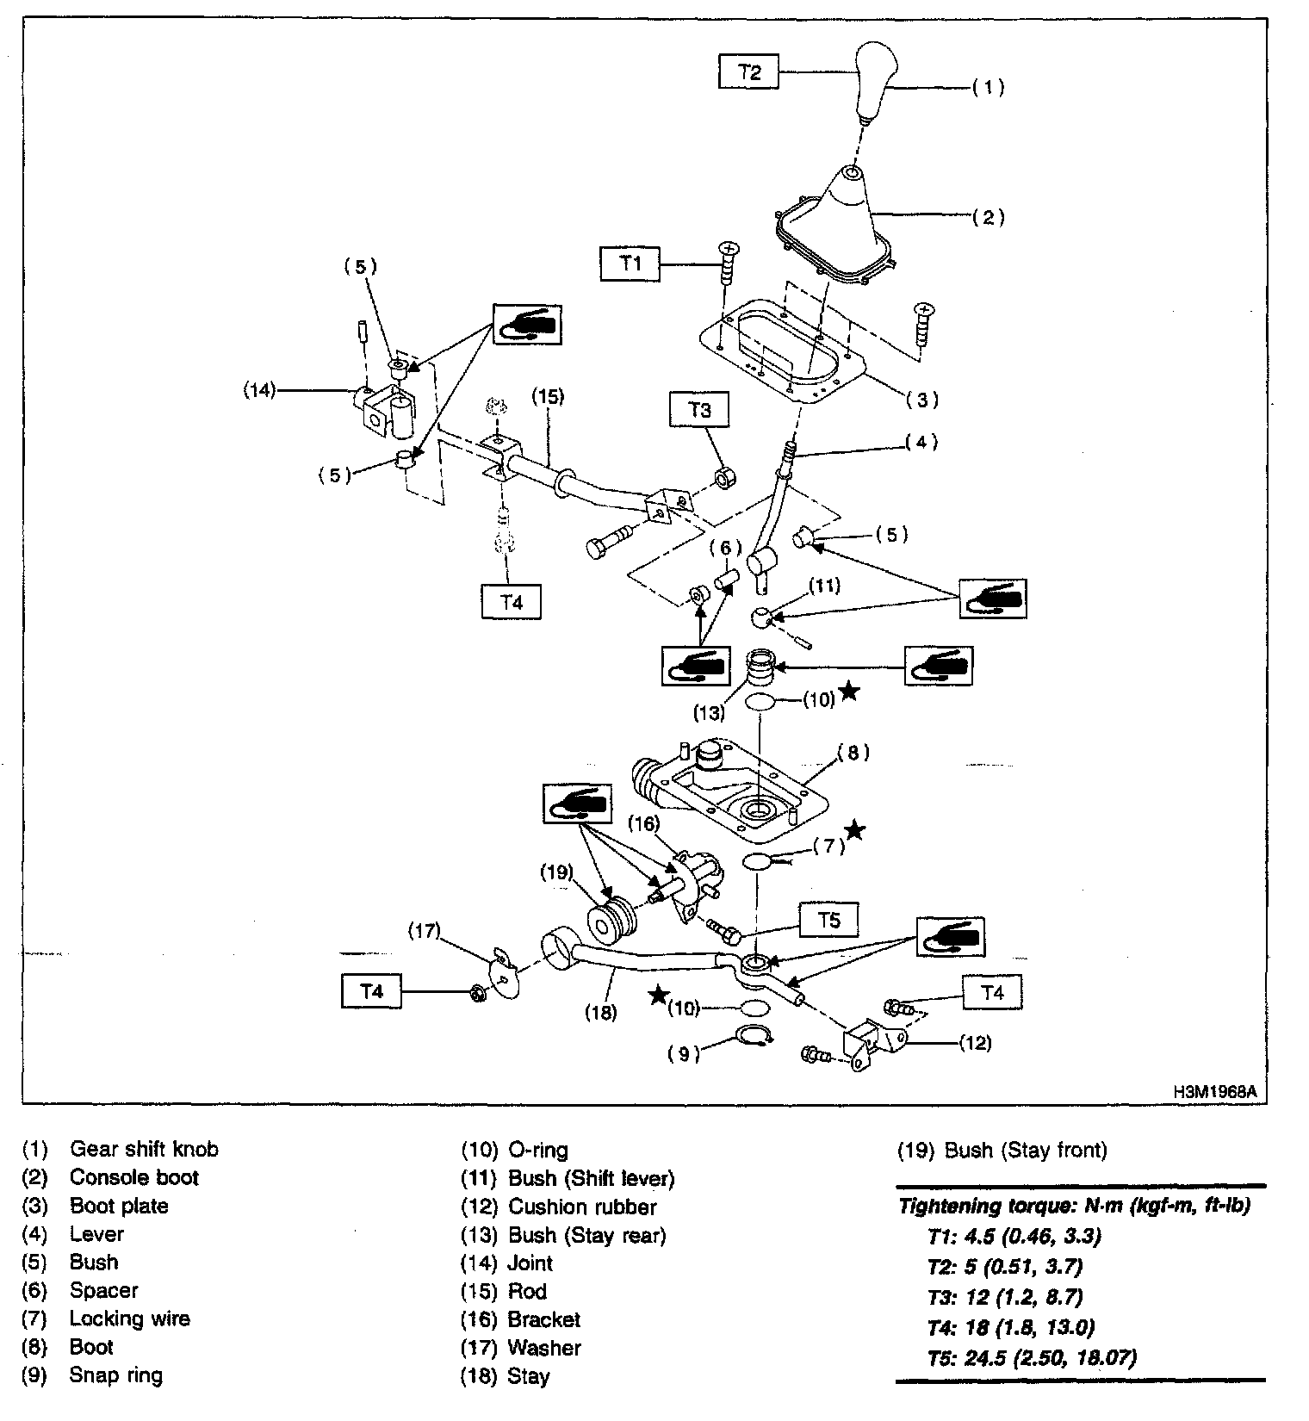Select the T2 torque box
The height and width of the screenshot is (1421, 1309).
coord(749,71)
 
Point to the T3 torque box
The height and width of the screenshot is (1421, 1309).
coord(700,410)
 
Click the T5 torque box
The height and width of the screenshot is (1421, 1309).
coord(828,921)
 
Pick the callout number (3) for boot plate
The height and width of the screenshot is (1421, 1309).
coord(922,400)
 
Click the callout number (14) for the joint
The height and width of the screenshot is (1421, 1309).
coord(258,390)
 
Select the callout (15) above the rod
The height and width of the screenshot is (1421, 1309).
coord(547,396)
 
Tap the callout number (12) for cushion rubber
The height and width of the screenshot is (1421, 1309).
coord(975,1043)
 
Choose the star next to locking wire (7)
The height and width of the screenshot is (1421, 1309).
coord(854,830)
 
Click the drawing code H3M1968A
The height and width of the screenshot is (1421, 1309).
coord(1214,1092)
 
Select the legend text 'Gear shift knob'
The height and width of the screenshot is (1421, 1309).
coord(144,1149)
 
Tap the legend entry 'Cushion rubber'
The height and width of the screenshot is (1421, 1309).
coord(582,1207)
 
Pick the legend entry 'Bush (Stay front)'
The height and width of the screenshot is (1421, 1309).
coord(1025,1150)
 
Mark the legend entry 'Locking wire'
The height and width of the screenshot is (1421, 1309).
coord(129,1319)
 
